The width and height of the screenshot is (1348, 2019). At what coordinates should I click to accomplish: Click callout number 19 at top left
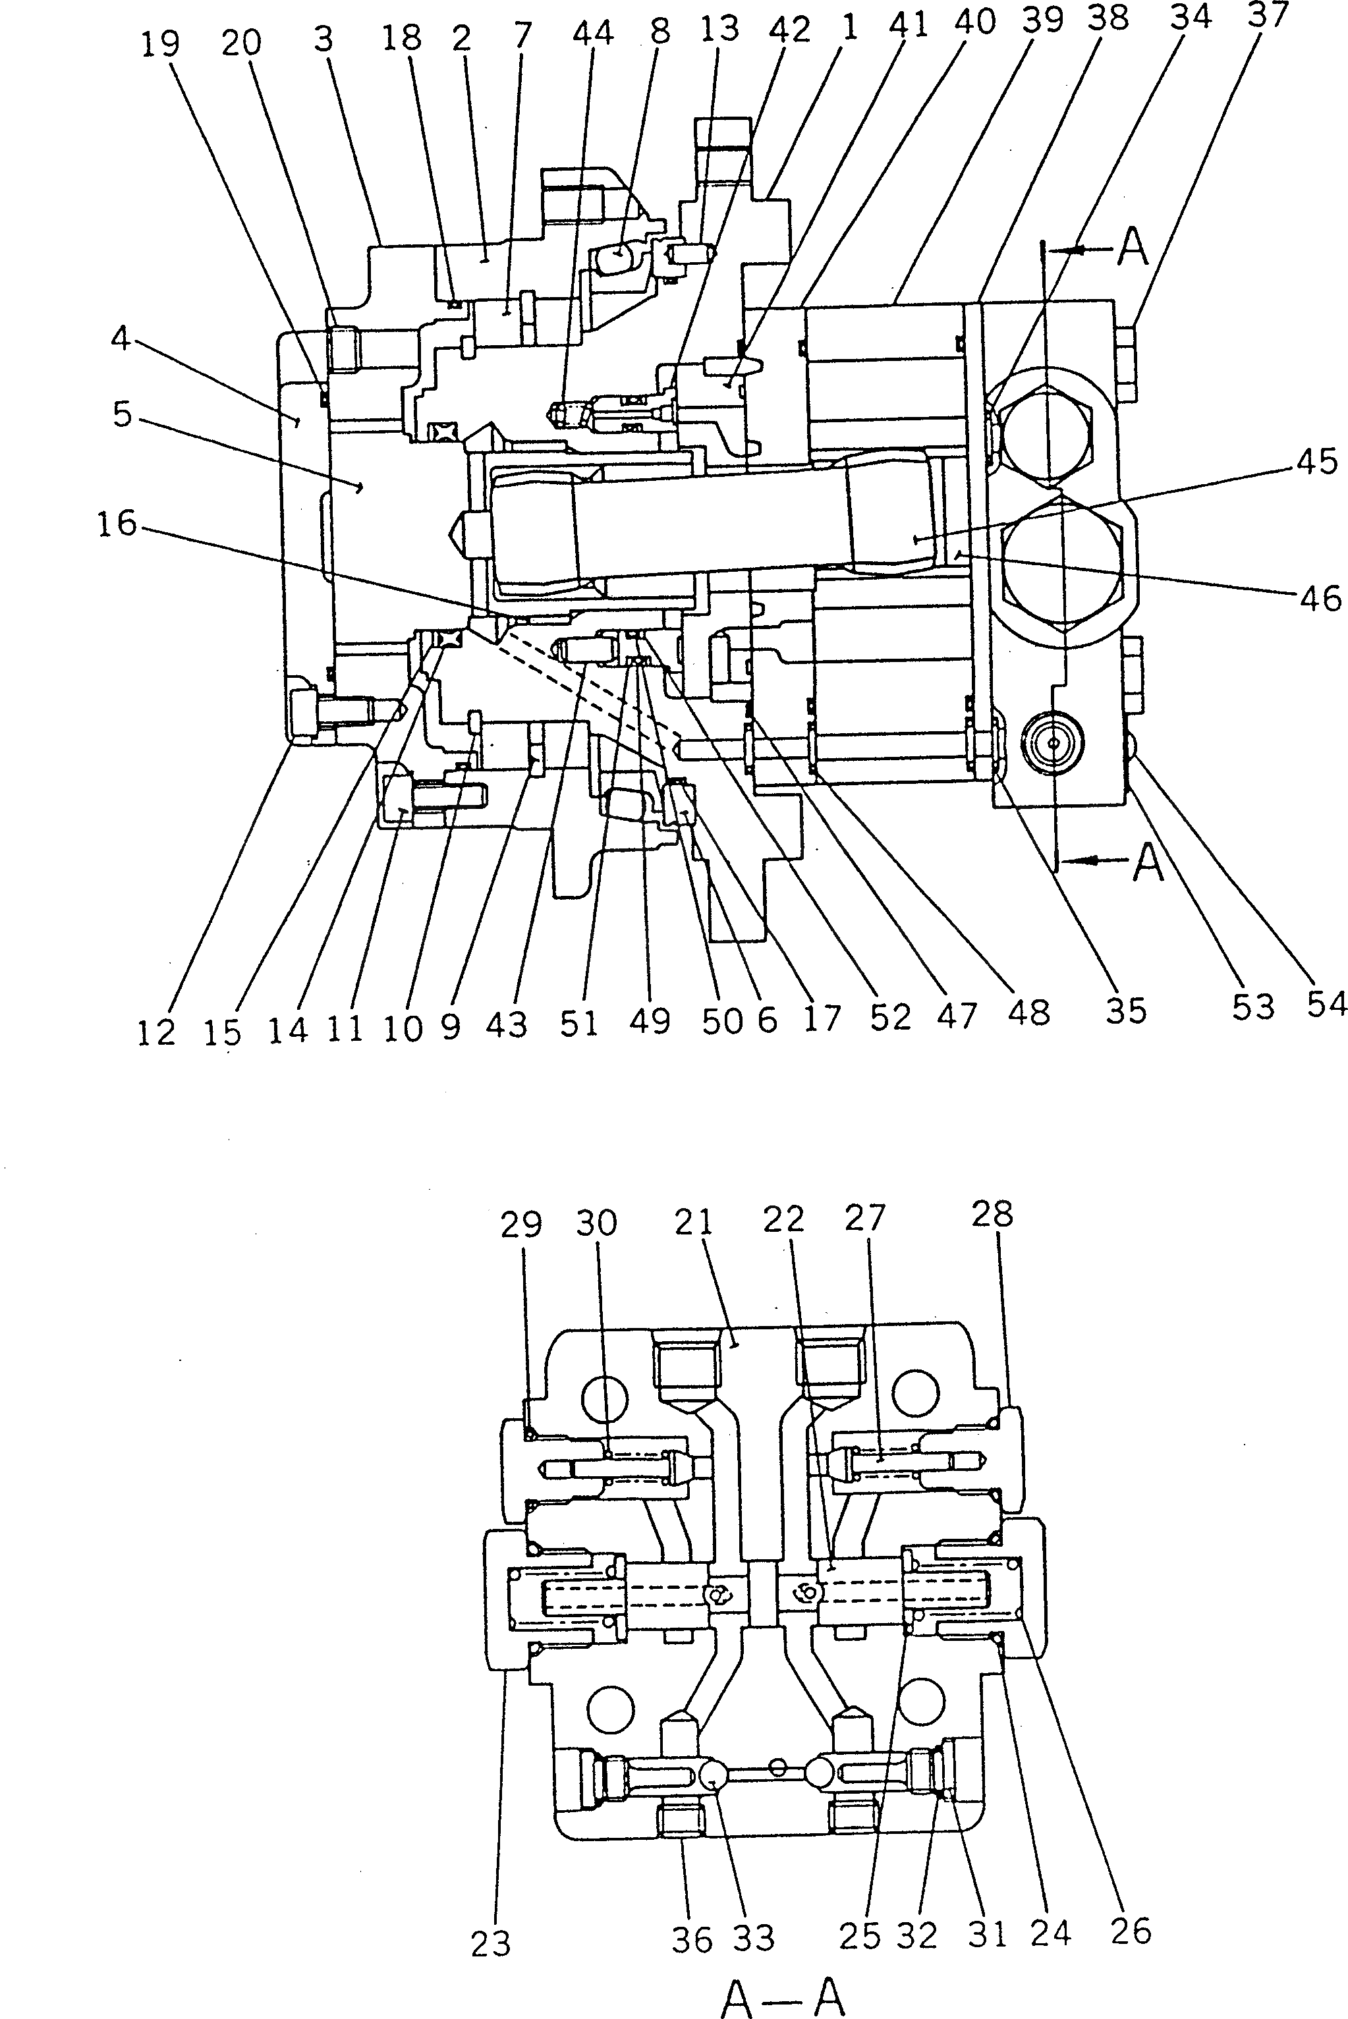160,45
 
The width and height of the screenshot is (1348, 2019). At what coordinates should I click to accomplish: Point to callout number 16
116,522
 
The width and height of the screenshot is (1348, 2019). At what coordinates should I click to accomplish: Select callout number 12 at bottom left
155,1032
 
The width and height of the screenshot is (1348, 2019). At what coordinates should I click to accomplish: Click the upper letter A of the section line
1134,248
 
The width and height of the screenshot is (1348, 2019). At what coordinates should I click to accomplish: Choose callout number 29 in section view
521,1225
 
